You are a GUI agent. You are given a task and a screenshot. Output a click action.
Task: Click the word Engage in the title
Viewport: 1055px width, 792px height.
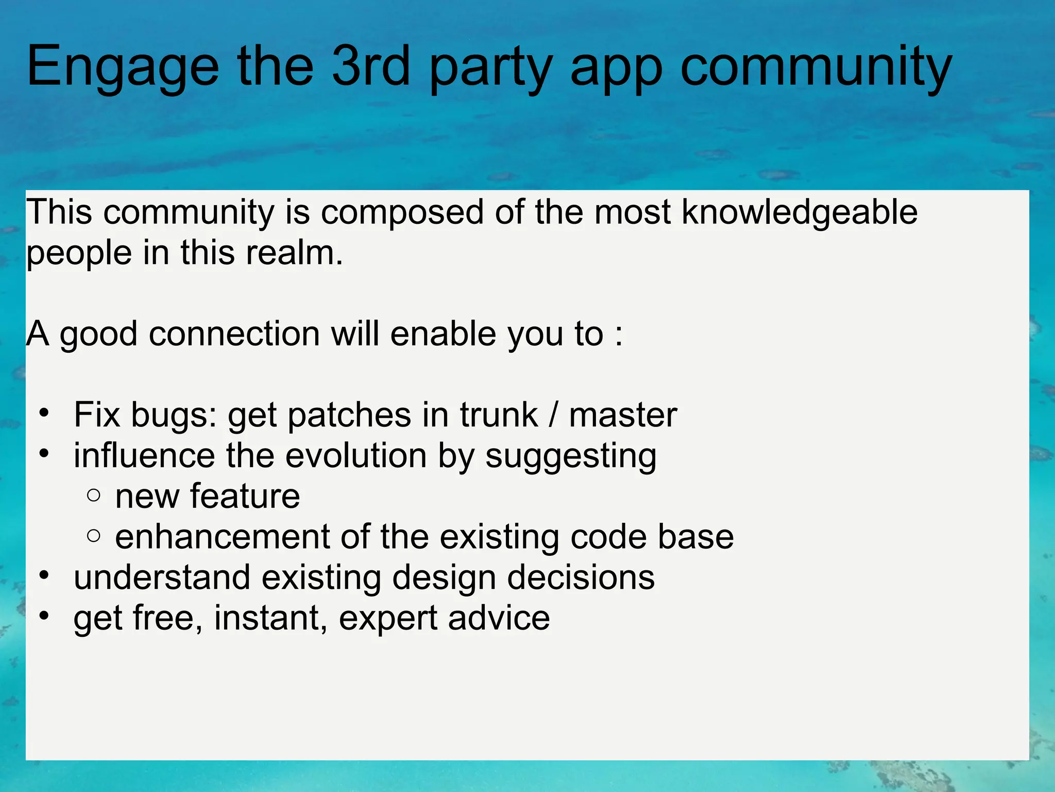[x=123, y=67]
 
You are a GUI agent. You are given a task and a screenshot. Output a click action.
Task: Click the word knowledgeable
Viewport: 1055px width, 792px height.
[x=799, y=212]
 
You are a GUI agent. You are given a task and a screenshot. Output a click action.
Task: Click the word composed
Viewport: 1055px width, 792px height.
[x=402, y=213]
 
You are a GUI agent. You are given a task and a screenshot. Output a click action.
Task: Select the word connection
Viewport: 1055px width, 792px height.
[x=234, y=334]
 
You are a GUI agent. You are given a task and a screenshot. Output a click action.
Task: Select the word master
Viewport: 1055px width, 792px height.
[x=622, y=415]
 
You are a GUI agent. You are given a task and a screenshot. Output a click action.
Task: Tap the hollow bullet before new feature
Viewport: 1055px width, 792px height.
[x=94, y=496]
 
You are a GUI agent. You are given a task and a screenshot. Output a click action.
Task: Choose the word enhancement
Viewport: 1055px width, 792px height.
[x=222, y=537]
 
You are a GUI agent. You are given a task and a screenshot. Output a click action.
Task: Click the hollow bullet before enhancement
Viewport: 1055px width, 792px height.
[x=94, y=536]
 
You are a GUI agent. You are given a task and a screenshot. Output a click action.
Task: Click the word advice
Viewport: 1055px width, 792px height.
[x=499, y=618]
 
